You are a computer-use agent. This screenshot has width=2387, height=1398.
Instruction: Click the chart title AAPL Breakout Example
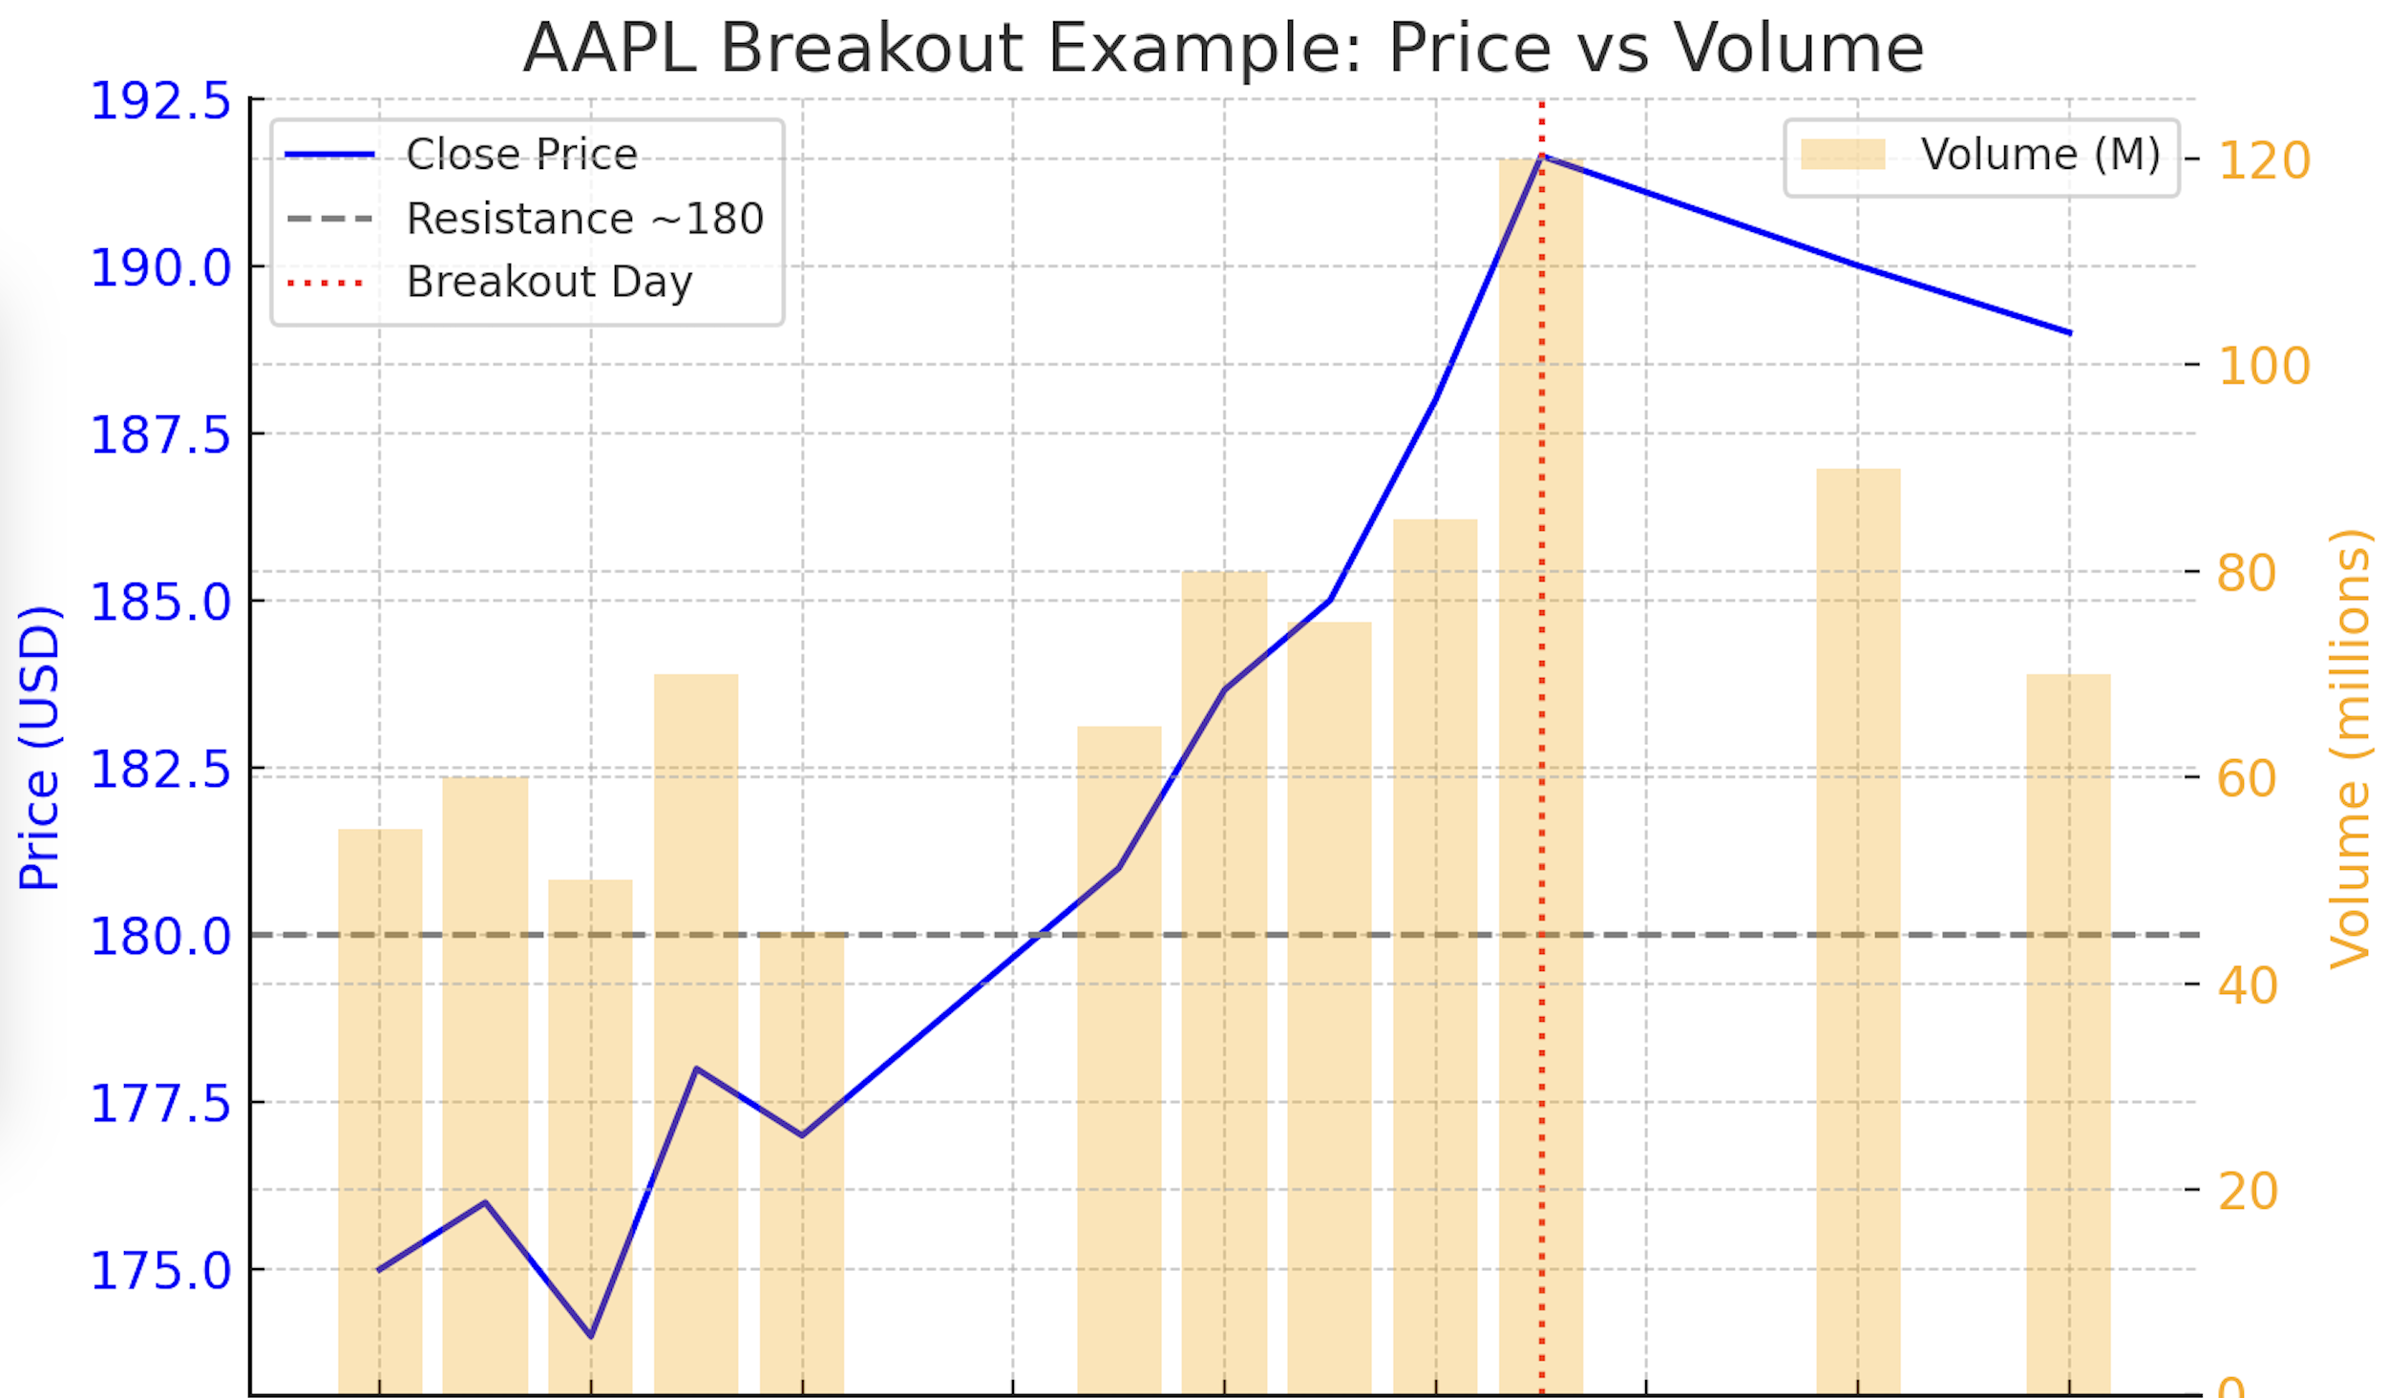pyautogui.click(x=1222, y=48)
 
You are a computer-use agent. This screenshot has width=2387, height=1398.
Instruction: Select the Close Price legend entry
pyautogui.click(x=520, y=155)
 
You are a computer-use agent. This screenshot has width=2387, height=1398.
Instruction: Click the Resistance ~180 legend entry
pyautogui.click(x=584, y=219)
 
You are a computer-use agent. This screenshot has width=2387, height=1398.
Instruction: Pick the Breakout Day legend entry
pyautogui.click(x=549, y=282)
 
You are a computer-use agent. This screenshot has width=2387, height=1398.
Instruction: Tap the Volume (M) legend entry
pyautogui.click(x=2039, y=155)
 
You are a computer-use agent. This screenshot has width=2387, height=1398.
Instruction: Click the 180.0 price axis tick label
pyautogui.click(x=160, y=937)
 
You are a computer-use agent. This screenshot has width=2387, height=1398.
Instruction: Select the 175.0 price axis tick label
pyautogui.click(x=160, y=1271)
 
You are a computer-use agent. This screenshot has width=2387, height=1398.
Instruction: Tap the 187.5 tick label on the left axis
pyautogui.click(x=160, y=435)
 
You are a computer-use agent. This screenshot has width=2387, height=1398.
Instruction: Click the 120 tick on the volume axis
pyautogui.click(x=2264, y=160)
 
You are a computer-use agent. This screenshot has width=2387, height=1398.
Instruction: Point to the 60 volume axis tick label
pyautogui.click(x=2247, y=778)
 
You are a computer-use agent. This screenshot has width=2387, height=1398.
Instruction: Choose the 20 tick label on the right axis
pyautogui.click(x=2247, y=1191)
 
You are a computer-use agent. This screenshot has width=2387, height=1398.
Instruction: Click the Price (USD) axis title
pyautogui.click(x=40, y=748)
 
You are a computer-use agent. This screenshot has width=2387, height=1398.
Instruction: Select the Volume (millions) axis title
pyautogui.click(x=2350, y=748)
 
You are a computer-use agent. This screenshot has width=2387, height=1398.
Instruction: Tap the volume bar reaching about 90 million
pyautogui.click(x=1858, y=907)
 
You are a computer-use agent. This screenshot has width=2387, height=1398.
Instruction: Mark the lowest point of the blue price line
pyautogui.click(x=591, y=1335)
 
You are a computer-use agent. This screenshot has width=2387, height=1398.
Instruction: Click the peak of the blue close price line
pyautogui.click(x=1542, y=156)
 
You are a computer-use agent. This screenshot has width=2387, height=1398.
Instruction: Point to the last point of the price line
pyautogui.click(x=2069, y=333)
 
